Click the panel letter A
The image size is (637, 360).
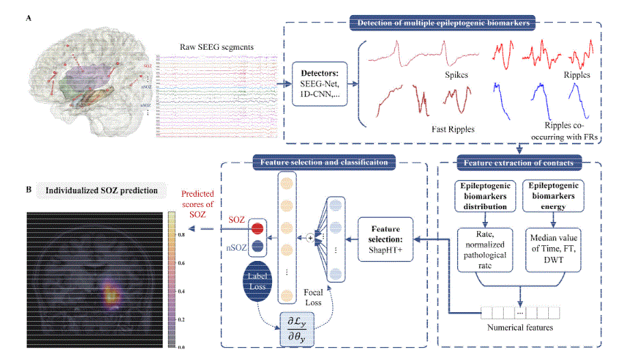click(28, 18)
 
